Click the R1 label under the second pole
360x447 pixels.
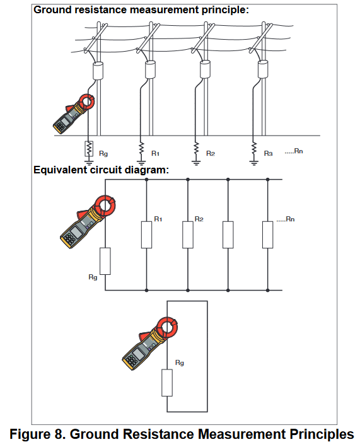pos(155,154)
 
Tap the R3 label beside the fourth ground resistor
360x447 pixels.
pos(268,154)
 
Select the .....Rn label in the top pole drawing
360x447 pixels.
pos(294,151)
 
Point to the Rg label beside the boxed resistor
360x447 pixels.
pos(103,154)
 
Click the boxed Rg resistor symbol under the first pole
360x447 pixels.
pos(89,149)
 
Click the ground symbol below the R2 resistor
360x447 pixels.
pos(196,163)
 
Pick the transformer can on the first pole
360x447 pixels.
pos(98,71)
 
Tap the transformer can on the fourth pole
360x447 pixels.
pos(263,69)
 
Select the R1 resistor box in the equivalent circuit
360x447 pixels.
pos(146,235)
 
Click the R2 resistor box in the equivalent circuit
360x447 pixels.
pos(188,235)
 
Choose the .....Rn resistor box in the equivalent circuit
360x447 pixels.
pos(268,235)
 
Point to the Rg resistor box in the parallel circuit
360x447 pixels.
pos(105,261)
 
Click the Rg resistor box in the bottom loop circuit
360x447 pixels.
pos(167,383)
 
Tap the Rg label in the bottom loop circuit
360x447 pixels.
pos(180,363)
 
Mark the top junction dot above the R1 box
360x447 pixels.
pos(146,180)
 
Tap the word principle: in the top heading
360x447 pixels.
pos(226,10)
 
